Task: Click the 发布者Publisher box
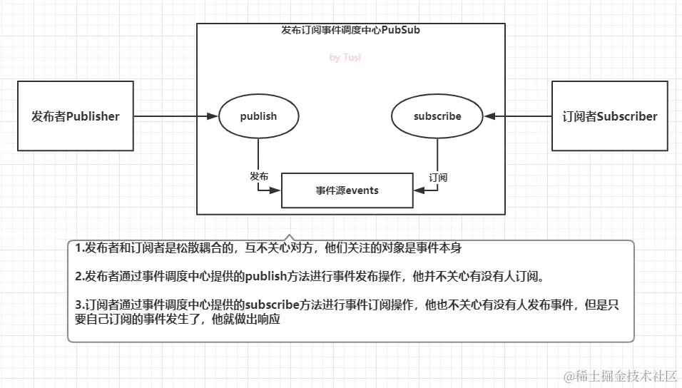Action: coord(75,116)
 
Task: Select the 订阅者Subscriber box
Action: coord(609,116)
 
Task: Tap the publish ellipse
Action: coord(258,116)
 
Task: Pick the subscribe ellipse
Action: coord(437,116)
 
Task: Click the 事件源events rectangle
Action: coord(347,190)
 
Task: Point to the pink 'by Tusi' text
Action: coord(345,58)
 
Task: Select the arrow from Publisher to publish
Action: coord(175,116)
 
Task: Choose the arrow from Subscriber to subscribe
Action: coord(518,116)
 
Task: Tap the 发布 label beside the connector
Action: coord(260,176)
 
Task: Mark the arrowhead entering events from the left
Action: coord(278,190)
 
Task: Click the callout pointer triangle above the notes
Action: coord(288,237)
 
